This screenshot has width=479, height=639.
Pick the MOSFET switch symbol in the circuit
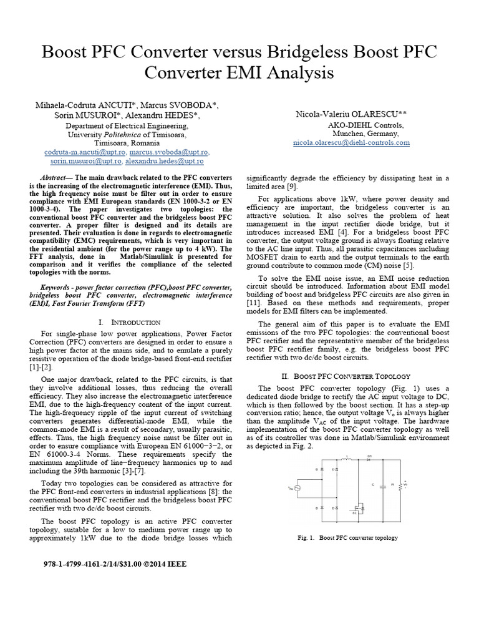point(357,505)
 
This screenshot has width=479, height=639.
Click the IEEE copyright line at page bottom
point(115,564)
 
